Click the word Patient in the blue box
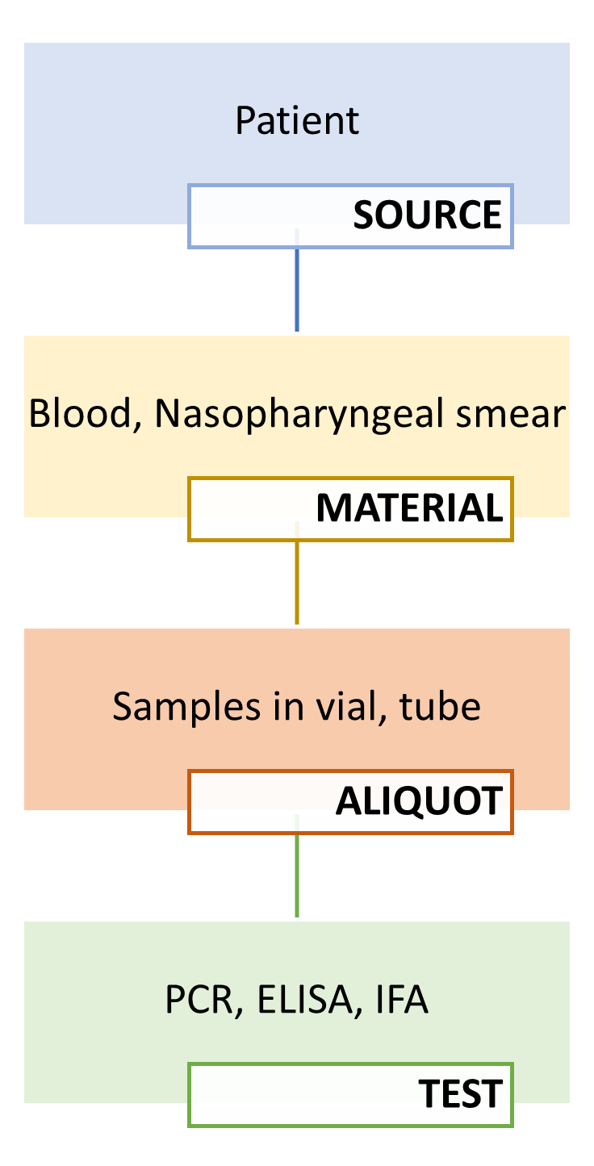tap(297, 120)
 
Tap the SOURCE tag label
tap(428, 215)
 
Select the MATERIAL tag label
tap(410, 508)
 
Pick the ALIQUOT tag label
tap(419, 800)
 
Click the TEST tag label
tap(461, 1093)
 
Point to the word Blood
tap(80, 413)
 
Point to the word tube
tap(440, 706)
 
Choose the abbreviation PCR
tap(199, 1000)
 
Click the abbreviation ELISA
tap(305, 1000)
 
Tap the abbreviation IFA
tap(402, 1000)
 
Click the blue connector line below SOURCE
tap(297, 279)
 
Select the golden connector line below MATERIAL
tap(297, 573)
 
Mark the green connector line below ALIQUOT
tap(297, 866)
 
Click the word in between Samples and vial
tap(288, 706)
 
